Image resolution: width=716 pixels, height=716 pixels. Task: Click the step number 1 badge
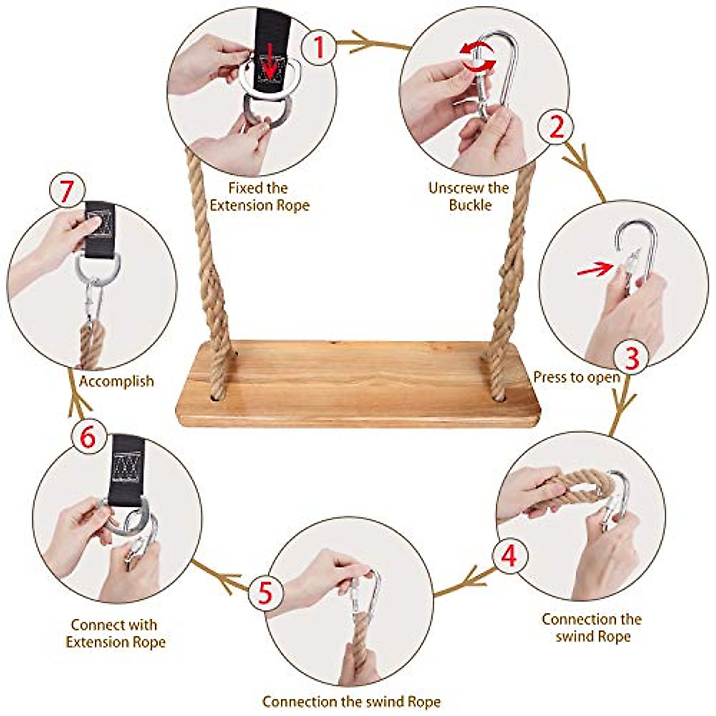pyautogui.click(x=319, y=46)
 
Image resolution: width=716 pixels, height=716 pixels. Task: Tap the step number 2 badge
pyautogui.click(x=556, y=127)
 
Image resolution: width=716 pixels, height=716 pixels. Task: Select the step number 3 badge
pyautogui.click(x=631, y=357)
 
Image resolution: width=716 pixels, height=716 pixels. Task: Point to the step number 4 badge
pyautogui.click(x=508, y=555)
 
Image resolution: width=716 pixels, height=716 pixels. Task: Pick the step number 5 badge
pyautogui.click(x=266, y=593)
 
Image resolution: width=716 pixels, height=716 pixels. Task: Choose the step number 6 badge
pyautogui.click(x=87, y=437)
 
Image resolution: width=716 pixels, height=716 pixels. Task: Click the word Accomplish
pyautogui.click(x=116, y=381)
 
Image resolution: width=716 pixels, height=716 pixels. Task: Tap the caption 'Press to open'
pyautogui.click(x=576, y=377)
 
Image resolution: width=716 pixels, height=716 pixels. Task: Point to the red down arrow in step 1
pyautogui.click(x=271, y=66)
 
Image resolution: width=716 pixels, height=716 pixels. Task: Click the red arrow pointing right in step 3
pyautogui.click(x=594, y=270)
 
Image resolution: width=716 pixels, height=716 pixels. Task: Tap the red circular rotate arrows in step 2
pyautogui.click(x=477, y=57)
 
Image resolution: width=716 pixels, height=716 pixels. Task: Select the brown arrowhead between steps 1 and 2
pyautogui.click(x=363, y=44)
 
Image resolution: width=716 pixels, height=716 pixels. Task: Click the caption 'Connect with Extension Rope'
pyautogui.click(x=115, y=634)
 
